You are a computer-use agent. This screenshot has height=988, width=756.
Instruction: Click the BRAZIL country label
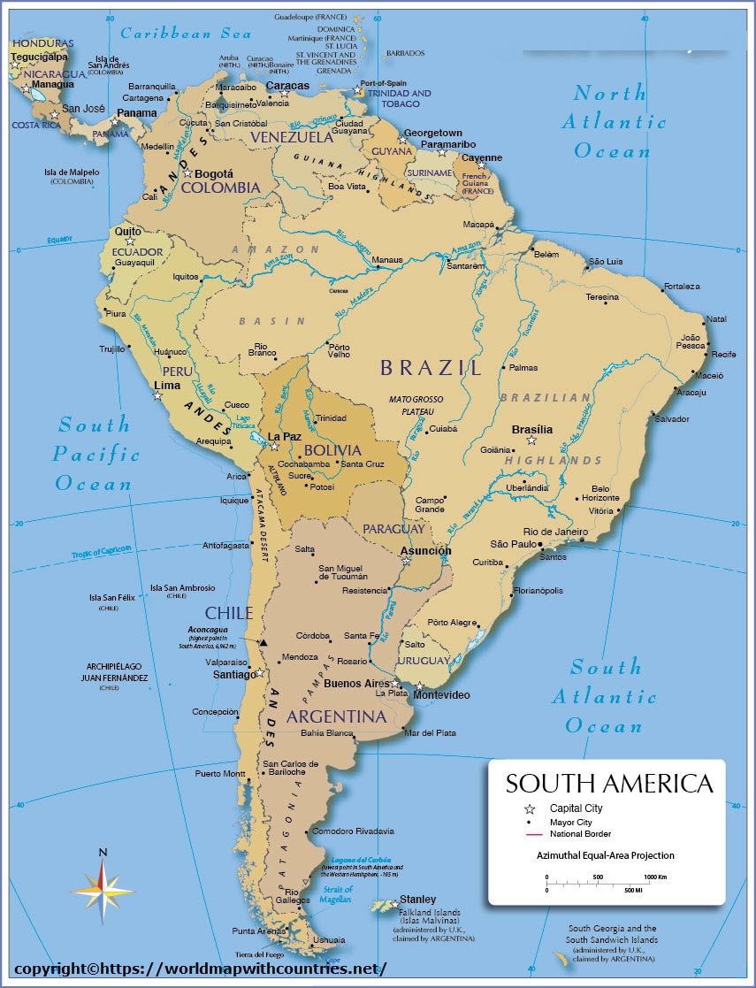431,368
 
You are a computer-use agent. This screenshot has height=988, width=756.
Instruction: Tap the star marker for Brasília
531,440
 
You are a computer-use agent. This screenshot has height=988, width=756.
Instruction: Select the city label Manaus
387,260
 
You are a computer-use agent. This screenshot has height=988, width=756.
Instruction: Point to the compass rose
103,887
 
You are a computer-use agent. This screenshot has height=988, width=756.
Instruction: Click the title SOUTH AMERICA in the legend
608,784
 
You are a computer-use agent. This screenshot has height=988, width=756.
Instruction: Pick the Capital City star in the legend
530,808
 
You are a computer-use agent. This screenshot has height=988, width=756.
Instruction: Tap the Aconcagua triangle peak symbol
263,642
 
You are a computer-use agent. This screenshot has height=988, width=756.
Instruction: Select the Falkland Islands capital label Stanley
417,900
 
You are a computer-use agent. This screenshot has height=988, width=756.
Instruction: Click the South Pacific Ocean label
95,455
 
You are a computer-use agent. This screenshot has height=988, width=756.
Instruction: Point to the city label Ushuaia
329,939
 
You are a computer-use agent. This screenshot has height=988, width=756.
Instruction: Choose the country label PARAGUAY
393,528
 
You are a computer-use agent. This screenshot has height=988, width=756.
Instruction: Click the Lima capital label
167,385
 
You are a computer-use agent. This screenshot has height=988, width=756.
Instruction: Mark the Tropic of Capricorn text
102,553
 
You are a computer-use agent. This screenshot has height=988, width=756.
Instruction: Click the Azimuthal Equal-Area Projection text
605,855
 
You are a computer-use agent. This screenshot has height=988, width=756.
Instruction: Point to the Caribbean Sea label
186,34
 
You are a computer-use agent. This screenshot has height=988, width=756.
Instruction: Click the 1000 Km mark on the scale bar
654,877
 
